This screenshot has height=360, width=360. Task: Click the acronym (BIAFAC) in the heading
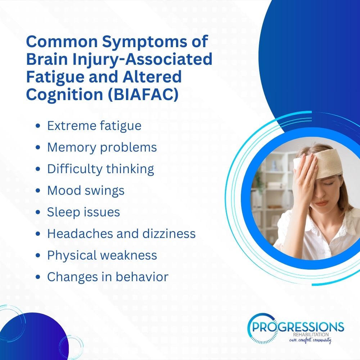click(143, 94)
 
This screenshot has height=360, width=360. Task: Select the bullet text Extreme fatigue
click(94, 126)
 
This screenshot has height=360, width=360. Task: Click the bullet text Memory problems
click(102, 147)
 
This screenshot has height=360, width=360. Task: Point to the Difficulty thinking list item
click(100, 169)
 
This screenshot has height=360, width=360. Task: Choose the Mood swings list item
click(86, 190)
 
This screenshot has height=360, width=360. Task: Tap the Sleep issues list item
click(84, 212)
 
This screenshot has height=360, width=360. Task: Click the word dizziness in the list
click(169, 234)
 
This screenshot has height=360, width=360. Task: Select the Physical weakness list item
click(102, 255)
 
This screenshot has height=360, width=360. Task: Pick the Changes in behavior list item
click(108, 276)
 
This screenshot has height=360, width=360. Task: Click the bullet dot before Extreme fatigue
click(38, 126)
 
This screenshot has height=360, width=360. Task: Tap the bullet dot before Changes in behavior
click(38, 277)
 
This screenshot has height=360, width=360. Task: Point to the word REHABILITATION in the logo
click(311, 335)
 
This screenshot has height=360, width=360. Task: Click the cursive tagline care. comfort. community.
click(310, 340)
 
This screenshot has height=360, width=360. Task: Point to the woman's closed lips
click(321, 203)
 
